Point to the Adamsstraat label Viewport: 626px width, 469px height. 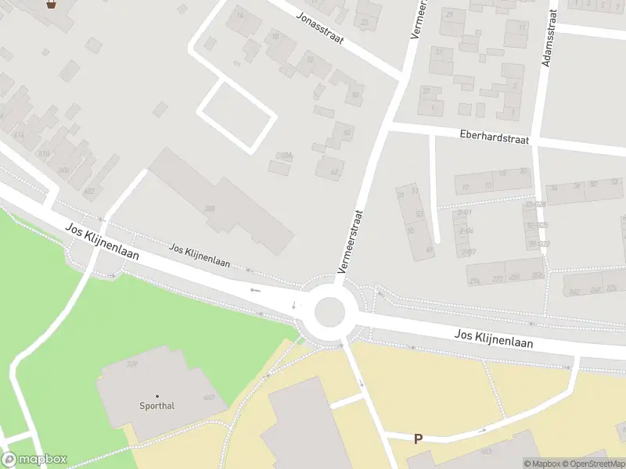click(549, 38)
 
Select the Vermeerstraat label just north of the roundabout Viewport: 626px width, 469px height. click(351, 241)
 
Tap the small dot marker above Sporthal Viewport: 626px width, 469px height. click(156, 396)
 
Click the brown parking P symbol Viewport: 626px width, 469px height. click(418, 439)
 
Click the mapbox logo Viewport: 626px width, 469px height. click(34, 460)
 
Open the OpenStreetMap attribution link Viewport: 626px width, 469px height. click(592, 464)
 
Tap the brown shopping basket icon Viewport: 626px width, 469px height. click(52, 4)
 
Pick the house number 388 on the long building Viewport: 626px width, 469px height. click(210, 209)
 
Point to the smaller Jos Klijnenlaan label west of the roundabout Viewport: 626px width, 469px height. click(200, 255)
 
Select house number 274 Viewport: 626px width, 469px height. click(474, 281)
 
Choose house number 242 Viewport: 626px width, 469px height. click(574, 292)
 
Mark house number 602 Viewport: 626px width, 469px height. click(88, 191)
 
